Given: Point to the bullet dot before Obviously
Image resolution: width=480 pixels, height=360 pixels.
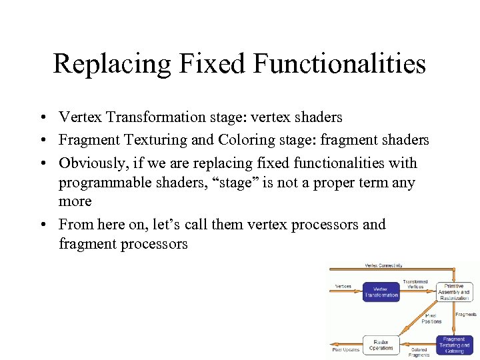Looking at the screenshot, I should (42, 164).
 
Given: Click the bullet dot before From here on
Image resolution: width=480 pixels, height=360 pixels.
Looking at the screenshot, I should (42, 225).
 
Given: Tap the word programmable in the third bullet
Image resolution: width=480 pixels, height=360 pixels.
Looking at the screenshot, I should (101, 183).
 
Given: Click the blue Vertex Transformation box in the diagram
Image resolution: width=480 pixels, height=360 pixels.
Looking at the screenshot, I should (381, 292).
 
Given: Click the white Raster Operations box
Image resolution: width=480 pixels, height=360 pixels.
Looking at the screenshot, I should (381, 344).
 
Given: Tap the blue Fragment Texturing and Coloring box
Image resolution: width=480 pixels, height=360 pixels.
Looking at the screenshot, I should (455, 345).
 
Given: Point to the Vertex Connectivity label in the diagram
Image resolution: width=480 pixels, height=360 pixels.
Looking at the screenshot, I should (383, 265).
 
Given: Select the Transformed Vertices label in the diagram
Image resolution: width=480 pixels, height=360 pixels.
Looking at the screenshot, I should (416, 284).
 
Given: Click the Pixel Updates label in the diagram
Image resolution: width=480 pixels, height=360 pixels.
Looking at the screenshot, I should (346, 349).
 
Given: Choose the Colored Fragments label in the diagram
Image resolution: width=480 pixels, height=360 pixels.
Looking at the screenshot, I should (419, 352).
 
